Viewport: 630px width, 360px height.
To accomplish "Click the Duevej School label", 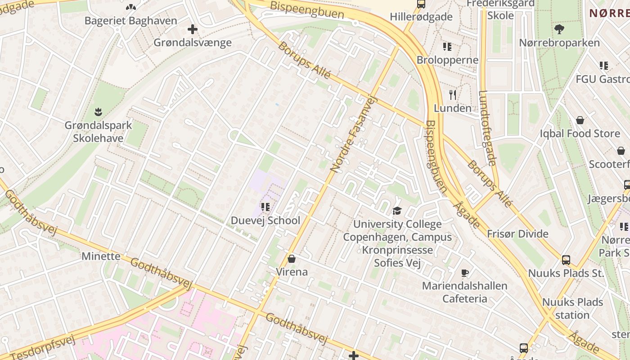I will pyautogui.click(x=265, y=220).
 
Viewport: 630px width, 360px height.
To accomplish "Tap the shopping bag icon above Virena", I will pyautogui.click(x=292, y=259).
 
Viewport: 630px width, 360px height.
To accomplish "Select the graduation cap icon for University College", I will pyautogui.click(x=397, y=211).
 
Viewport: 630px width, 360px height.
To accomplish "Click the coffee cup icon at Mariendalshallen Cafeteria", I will pyautogui.click(x=465, y=273).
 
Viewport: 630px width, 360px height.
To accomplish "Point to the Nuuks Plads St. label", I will pyautogui.click(x=566, y=273).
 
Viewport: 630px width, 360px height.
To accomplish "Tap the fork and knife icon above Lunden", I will pyautogui.click(x=453, y=95).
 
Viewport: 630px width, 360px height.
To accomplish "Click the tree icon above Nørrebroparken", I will pyautogui.click(x=559, y=30).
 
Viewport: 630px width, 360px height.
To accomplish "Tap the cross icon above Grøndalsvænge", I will pyautogui.click(x=193, y=30).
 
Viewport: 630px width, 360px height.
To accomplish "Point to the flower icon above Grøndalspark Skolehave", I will pyautogui.click(x=98, y=112).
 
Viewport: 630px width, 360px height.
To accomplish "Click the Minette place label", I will pyautogui.click(x=101, y=256).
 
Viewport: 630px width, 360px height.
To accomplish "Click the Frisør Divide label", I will pyautogui.click(x=517, y=234).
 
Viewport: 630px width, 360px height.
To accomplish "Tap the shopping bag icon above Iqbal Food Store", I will pyautogui.click(x=580, y=121).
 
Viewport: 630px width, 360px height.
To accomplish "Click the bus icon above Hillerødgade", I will pyautogui.click(x=421, y=4).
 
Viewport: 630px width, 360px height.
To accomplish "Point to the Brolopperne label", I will pyautogui.click(x=447, y=60).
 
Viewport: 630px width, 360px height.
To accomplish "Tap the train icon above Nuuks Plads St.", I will pyautogui.click(x=566, y=260).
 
